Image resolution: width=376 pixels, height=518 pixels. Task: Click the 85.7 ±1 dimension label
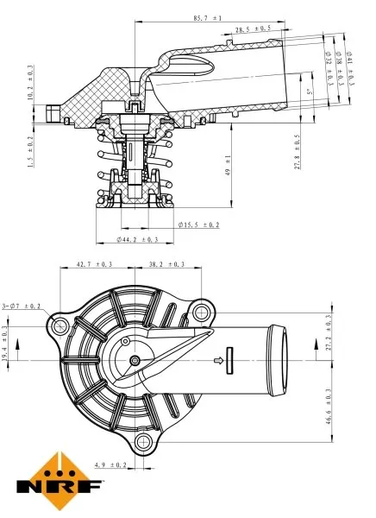click(x=208, y=17)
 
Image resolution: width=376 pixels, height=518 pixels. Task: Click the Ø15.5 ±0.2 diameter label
click(x=198, y=224)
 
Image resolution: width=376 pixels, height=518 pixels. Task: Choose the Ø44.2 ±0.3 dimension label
click(x=137, y=238)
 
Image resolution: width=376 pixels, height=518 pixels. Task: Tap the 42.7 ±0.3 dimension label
click(x=94, y=264)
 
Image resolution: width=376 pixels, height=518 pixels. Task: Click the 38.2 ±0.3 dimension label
click(x=166, y=264)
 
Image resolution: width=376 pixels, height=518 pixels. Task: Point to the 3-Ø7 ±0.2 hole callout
click(x=22, y=305)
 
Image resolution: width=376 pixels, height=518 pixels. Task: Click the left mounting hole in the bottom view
click(x=60, y=327)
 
